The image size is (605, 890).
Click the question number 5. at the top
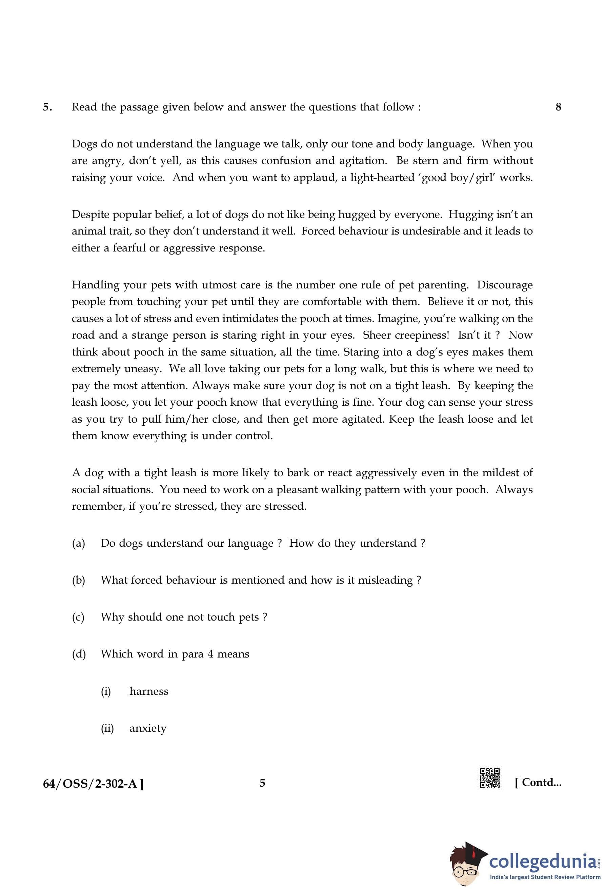(47, 107)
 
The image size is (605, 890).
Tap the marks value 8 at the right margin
(558, 107)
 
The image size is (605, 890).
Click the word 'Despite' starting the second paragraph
(91, 215)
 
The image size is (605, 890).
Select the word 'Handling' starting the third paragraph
(96, 285)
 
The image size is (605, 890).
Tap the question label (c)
(78, 617)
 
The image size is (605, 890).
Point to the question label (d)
(79, 654)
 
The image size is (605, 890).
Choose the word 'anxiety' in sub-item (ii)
(148, 728)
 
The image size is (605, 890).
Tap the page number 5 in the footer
(262, 783)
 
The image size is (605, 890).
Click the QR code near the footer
(490, 778)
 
